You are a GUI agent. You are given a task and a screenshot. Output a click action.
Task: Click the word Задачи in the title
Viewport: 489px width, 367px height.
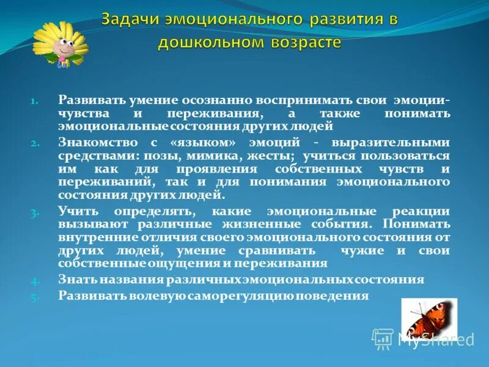coord(130,19)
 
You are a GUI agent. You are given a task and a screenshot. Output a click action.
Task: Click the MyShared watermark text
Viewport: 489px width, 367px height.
coord(435,340)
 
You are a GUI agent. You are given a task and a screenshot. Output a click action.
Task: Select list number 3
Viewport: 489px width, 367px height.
coord(35,212)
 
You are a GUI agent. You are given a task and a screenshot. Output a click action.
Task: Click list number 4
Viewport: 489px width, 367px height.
coord(35,281)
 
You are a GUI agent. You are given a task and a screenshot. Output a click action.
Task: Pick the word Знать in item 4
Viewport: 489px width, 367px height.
coord(76,280)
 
